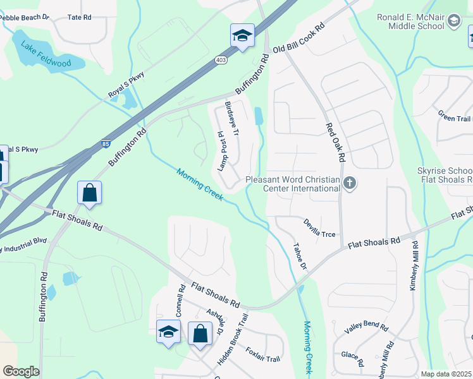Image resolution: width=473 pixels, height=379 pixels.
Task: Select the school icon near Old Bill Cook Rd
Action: pyautogui.click(x=242, y=36)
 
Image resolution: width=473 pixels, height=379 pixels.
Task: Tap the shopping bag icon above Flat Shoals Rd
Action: pyautogui.click(x=90, y=192)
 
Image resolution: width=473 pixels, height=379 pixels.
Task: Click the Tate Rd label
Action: pyautogui.click(x=79, y=18)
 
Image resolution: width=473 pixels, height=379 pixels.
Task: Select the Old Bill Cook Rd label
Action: pyautogui.click(x=298, y=40)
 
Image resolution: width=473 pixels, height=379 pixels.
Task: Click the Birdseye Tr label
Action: pyautogui.click(x=232, y=119)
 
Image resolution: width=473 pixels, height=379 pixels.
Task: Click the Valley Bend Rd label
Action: pyautogui.click(x=366, y=327)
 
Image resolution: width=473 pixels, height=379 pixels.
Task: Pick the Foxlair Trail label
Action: pyautogui.click(x=262, y=355)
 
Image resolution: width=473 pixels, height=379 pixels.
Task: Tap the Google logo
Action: pyautogui.click(x=21, y=371)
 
